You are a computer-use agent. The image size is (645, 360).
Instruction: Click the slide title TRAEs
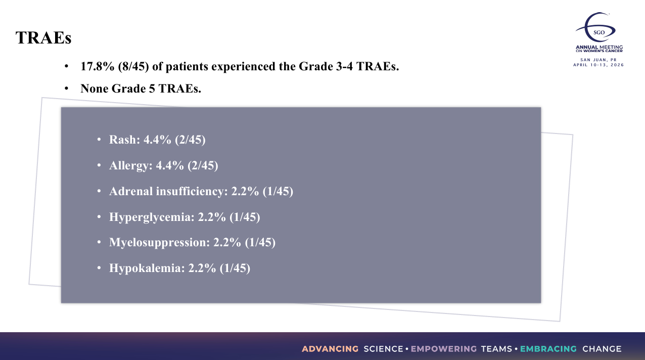pos(43,38)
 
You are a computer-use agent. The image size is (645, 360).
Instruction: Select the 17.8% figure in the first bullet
pos(98,66)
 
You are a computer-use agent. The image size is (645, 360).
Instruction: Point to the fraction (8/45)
pos(133,67)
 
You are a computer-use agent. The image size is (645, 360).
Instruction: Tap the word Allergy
pos(130,166)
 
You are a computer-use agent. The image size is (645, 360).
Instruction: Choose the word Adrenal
pos(131,191)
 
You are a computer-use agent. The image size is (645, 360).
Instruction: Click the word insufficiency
pos(192,192)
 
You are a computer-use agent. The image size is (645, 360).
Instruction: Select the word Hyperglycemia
pos(152,217)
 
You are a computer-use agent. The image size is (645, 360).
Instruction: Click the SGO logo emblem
pos(595,27)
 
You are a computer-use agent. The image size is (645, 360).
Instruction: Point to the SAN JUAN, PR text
pos(598,60)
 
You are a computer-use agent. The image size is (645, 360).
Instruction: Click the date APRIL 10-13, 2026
pos(598,65)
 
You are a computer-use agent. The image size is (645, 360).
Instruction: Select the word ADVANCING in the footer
pos(330,349)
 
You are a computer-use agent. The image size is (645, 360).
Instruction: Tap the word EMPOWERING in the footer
pos(444,349)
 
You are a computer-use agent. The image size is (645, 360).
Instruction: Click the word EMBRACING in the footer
pos(548,349)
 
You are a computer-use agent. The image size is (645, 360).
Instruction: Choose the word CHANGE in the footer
pos(602,349)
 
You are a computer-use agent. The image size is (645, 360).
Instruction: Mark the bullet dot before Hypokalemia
pos(99,268)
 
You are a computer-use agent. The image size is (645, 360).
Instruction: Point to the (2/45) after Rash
pos(190,140)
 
